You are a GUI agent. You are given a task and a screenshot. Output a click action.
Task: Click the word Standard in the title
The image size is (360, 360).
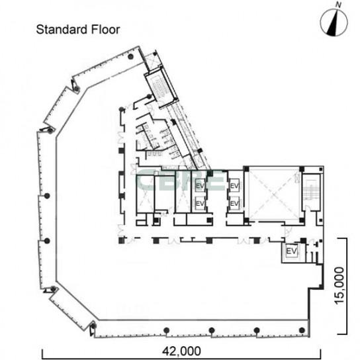coord(62,30)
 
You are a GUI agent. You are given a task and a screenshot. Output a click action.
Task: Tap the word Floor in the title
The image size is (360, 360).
coord(105,30)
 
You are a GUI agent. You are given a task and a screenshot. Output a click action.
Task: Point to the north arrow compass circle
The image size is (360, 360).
coord(334,22)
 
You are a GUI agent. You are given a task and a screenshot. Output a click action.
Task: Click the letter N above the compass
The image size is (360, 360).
coord(339,5)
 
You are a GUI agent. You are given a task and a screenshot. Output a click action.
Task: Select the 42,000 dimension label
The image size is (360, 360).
coord(181,351)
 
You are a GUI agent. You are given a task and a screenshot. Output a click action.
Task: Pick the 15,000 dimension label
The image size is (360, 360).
coord(339,286)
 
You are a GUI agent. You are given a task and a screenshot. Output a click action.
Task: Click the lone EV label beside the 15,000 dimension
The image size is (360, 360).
coord(292,251)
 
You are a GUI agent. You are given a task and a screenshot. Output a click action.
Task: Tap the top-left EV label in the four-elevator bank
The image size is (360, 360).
coord(200,185)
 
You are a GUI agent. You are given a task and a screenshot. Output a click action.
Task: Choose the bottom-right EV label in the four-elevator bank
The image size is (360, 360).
coord(234,203)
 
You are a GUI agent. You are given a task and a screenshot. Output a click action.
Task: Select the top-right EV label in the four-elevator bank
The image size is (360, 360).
coord(234,185)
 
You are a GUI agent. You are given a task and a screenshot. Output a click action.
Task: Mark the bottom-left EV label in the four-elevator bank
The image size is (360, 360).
coord(200,203)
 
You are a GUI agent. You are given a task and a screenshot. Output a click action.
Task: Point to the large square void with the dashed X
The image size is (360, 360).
coord(273,195)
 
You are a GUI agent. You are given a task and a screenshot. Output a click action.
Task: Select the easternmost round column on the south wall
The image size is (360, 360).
coord(302,330)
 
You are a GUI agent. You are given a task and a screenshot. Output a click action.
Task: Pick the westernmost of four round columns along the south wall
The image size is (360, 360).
coord(167,330)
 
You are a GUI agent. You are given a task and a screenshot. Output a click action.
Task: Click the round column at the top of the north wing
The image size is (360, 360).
coord(130,56)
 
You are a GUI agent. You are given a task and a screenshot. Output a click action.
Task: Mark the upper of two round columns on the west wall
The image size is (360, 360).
coord(47,196)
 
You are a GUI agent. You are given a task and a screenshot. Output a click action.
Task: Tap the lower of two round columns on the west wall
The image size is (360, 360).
coord(47,241)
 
